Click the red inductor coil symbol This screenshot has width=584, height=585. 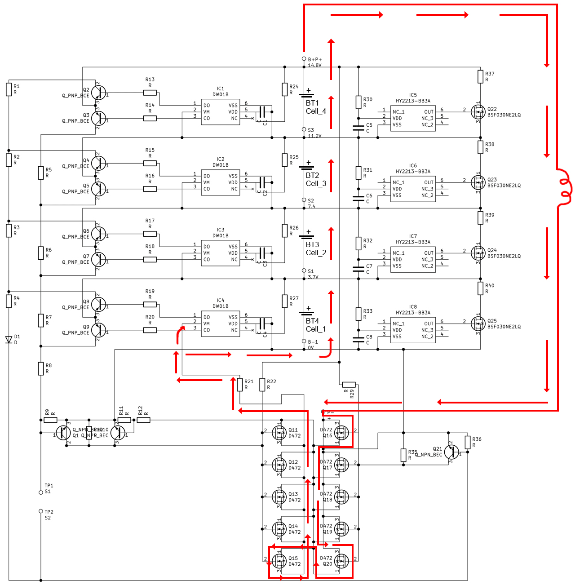tap(565, 188)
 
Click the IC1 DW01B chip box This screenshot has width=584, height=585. tap(220, 112)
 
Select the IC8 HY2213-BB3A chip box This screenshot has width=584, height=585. tap(413, 330)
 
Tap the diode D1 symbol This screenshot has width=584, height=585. tap(9, 340)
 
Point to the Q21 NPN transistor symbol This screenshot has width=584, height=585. tap(452, 452)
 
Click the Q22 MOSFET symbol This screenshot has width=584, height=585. tap(478, 111)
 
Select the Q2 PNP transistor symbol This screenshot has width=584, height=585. tap(98, 93)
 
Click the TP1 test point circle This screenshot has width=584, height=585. tap(41, 492)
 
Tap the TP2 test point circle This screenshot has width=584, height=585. tap(41, 511)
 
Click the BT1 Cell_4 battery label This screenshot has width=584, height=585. tap(316, 107)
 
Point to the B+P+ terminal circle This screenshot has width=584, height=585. tap(304, 59)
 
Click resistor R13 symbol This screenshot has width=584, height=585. tap(150, 93)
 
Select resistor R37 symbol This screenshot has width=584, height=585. tap(480, 77)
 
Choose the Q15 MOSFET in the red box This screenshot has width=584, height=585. tap(279, 561)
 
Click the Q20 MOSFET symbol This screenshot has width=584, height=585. tap(341, 561)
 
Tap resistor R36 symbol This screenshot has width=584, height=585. tap(468, 442)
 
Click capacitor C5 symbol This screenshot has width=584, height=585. tap(358, 128)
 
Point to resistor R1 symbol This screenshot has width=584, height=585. tap(9, 89)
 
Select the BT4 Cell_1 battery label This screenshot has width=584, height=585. tap(316, 325)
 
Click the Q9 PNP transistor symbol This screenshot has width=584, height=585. tap(98, 330)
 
